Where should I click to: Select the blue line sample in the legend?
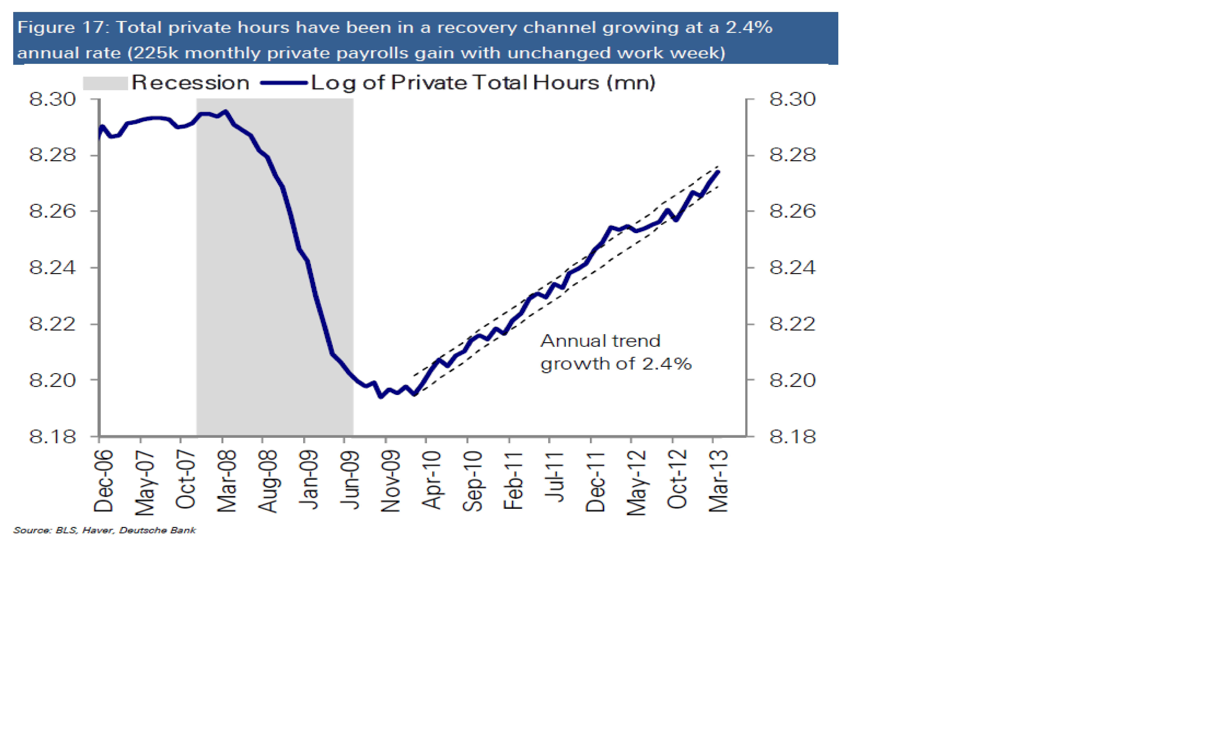pos(284,83)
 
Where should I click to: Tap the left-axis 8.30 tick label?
pos(52,99)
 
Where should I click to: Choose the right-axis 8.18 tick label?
pos(792,436)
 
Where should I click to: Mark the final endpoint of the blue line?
pos(719,171)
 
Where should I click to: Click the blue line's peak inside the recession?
pos(225,112)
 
